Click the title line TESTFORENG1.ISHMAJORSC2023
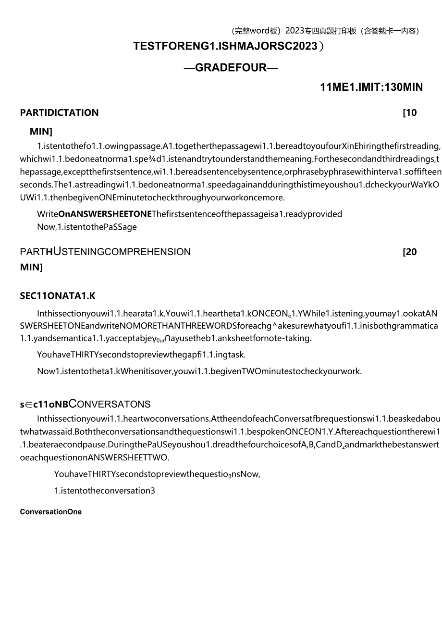(x=226, y=46)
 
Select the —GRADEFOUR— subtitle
(x=231, y=67)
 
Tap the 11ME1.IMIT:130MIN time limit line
(x=371, y=87)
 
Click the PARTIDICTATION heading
(x=59, y=112)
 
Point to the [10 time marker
(x=409, y=113)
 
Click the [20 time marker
(x=409, y=252)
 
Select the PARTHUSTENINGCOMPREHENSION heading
(x=105, y=251)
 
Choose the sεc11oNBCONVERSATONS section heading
(x=85, y=404)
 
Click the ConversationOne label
(x=51, y=512)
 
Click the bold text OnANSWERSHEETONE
(x=105, y=214)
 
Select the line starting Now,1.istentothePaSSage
(x=87, y=227)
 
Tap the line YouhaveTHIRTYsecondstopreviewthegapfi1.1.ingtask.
(x=142, y=355)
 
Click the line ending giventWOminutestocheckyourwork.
(x=199, y=371)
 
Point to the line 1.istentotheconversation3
(x=105, y=490)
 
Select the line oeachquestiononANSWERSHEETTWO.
(x=95, y=457)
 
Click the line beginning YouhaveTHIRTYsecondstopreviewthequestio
(x=157, y=474)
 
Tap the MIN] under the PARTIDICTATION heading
(x=41, y=131)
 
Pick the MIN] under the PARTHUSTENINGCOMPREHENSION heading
(x=31, y=267)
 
